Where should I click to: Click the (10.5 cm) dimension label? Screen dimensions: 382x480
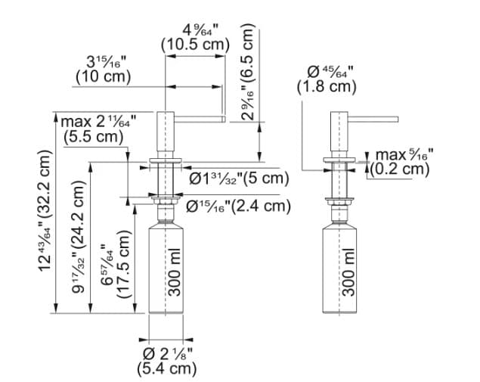[194, 45]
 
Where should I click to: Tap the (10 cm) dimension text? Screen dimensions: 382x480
[103, 76]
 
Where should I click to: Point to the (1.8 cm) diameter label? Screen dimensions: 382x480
[326, 87]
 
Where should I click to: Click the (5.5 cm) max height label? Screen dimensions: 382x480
[94, 136]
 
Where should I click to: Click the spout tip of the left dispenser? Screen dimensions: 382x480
[223, 119]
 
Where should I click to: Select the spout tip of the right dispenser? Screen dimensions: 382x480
[395, 118]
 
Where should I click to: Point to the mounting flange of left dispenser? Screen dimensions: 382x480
[166, 161]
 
